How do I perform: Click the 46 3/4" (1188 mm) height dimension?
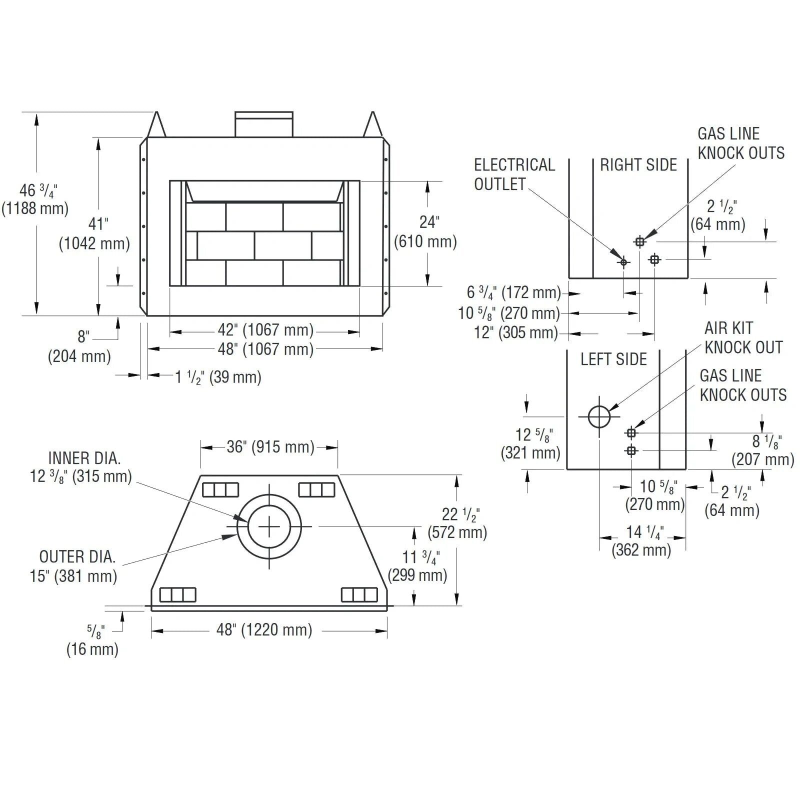[35, 199]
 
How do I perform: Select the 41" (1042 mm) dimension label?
[94, 233]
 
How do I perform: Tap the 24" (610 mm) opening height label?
[425, 231]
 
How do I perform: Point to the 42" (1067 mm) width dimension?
[265, 330]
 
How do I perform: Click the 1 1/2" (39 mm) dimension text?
[218, 377]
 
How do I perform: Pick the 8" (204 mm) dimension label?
[79, 346]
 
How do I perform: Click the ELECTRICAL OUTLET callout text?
[514, 174]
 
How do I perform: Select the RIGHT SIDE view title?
[638, 165]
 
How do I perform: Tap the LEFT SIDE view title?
[613, 359]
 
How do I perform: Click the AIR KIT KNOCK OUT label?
[743, 337]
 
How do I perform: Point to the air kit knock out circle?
[599, 416]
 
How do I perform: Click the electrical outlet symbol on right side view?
[623, 261]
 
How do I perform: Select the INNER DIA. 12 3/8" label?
[81, 467]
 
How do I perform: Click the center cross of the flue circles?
[269, 526]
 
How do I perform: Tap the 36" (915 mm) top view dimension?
[270, 446]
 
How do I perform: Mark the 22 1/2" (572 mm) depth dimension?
[457, 523]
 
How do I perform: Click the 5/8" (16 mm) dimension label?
[93, 640]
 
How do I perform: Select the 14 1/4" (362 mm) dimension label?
[642, 541]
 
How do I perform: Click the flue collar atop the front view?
[264, 123]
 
